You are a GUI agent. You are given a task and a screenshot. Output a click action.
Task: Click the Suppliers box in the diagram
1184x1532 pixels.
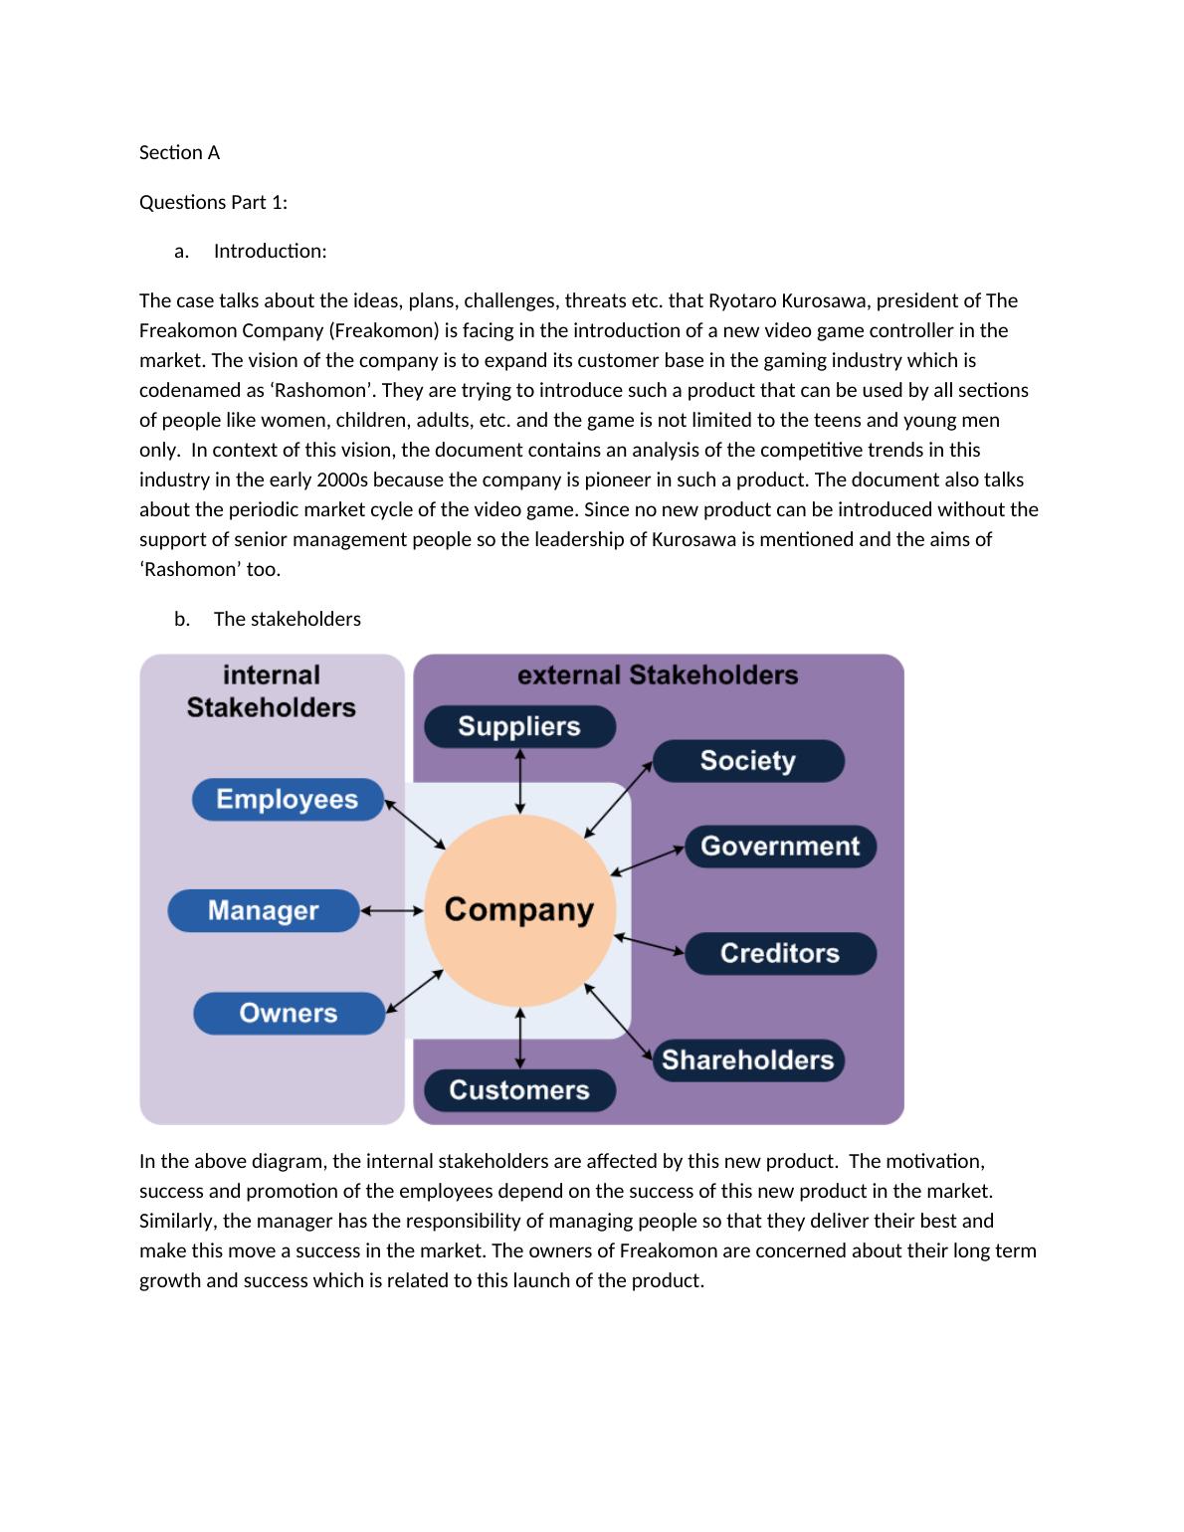[519, 726]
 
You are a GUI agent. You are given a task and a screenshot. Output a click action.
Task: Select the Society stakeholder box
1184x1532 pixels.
[748, 761]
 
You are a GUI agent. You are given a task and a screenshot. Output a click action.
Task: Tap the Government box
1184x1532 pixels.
[780, 846]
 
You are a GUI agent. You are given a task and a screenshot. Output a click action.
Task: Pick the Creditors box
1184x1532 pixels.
[780, 953]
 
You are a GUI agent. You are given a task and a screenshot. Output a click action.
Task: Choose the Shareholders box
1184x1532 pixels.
[748, 1059]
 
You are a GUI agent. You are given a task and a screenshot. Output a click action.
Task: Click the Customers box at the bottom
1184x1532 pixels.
[519, 1090]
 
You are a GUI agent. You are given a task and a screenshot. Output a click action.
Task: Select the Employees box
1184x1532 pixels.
[287, 800]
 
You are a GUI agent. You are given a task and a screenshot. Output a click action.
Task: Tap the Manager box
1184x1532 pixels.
[263, 910]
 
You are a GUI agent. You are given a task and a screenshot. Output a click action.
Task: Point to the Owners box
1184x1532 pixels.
[289, 1013]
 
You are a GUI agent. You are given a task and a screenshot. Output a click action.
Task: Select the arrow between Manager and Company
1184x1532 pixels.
[392, 910]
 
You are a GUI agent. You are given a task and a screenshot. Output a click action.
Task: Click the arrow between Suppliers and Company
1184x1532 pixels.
[520, 781]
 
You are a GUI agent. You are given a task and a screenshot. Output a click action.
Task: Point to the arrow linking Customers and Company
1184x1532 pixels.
[520, 1038]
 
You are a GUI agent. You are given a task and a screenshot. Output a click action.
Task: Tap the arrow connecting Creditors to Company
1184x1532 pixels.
[650, 944]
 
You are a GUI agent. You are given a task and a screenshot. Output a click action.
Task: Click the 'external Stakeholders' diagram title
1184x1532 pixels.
[658, 675]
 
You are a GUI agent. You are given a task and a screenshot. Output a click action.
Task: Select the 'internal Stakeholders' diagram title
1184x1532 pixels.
[272, 691]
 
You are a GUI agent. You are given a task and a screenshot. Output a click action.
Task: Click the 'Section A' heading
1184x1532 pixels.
[179, 152]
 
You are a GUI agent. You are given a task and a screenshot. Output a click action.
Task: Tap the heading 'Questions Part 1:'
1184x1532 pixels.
[213, 202]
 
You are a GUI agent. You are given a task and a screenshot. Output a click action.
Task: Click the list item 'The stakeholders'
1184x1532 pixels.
[287, 619]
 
